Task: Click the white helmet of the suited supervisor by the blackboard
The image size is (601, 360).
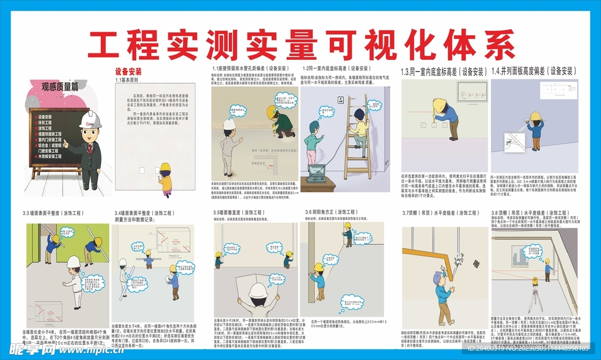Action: [90, 120]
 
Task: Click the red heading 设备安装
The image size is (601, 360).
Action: [128, 72]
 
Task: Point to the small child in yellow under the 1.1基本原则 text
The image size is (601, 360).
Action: [166, 180]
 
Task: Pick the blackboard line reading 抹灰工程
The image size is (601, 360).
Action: [45, 123]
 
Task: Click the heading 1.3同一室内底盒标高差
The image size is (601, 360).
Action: [444, 72]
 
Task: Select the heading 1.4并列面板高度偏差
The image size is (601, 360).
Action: [533, 71]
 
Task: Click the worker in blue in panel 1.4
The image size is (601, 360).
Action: [535, 126]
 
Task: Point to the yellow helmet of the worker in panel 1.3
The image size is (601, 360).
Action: [438, 104]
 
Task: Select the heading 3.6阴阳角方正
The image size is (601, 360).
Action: [331, 213]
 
